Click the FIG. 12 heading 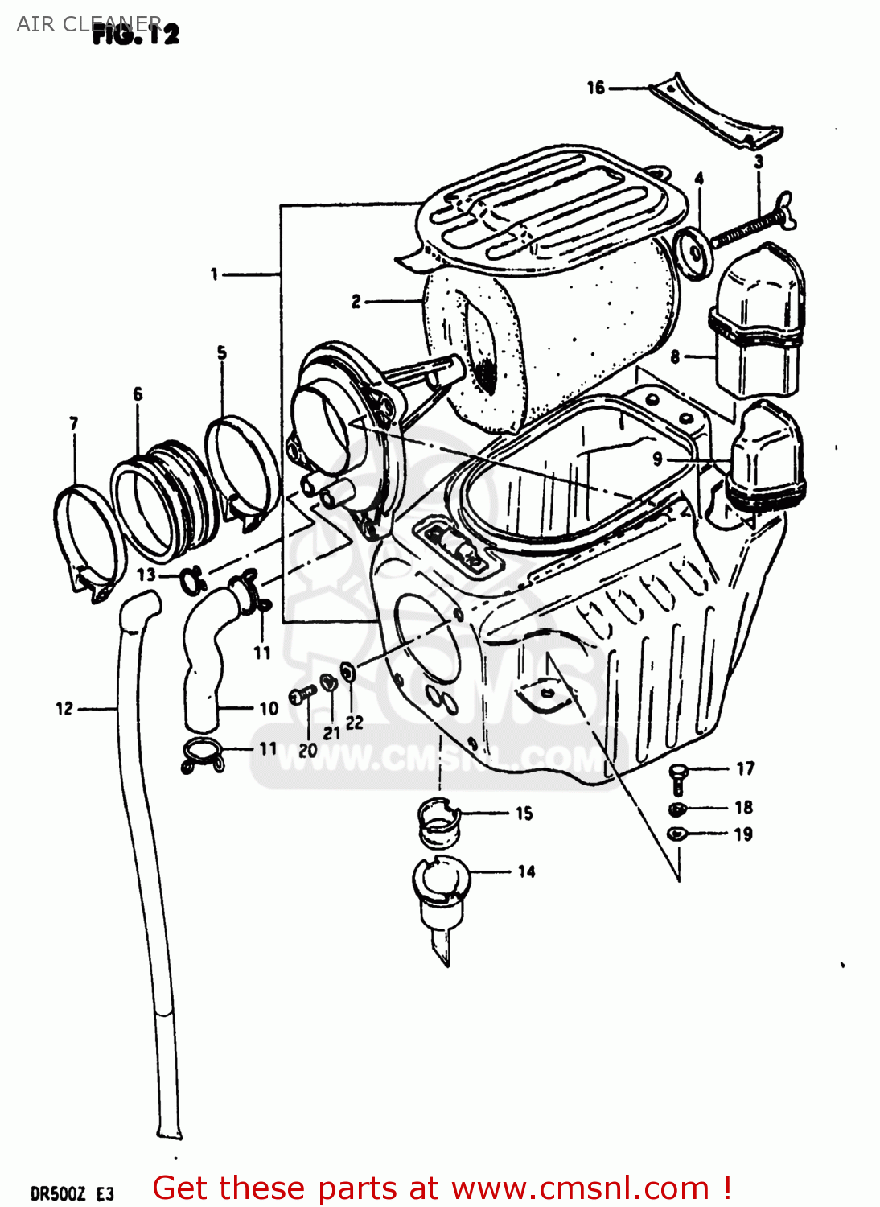pyautogui.click(x=135, y=34)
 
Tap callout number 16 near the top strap pyautogui.click(x=595, y=88)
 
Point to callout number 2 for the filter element pyautogui.click(x=356, y=302)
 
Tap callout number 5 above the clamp pyautogui.click(x=222, y=352)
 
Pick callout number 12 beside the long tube pyautogui.click(x=64, y=709)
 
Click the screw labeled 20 pyautogui.click(x=302, y=694)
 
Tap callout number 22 pyautogui.click(x=355, y=723)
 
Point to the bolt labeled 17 pyautogui.click(x=678, y=777)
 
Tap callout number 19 pyautogui.click(x=743, y=834)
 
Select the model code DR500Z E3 pyautogui.click(x=72, y=1193)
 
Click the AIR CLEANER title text pyautogui.click(x=88, y=23)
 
